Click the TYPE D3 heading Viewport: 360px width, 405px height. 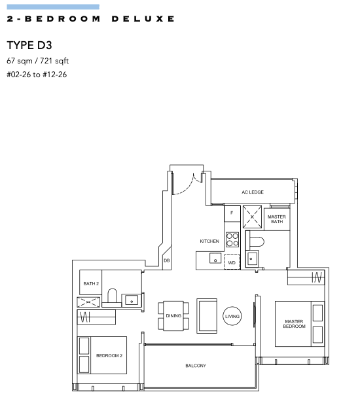(29, 45)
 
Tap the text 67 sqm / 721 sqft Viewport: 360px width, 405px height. (37, 61)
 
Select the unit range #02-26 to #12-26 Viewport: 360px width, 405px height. (37, 75)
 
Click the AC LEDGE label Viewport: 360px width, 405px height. (253, 192)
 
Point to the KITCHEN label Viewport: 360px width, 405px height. (209, 241)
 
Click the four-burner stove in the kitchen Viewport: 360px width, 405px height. (232, 239)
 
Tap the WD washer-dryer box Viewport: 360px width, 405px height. (232, 262)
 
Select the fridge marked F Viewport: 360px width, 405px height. (232, 213)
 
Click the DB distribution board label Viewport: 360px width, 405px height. (167, 260)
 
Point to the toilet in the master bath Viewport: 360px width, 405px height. (255, 242)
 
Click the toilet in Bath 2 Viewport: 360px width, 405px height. (112, 296)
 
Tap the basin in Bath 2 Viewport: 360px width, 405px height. (132, 300)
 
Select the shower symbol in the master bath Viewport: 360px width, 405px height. (252, 217)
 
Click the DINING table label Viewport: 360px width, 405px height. (173, 316)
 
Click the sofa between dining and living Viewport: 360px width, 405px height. (207, 316)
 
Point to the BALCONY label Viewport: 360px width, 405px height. (196, 366)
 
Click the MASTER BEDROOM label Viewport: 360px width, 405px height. (294, 324)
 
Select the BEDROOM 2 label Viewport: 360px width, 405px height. (109, 356)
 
